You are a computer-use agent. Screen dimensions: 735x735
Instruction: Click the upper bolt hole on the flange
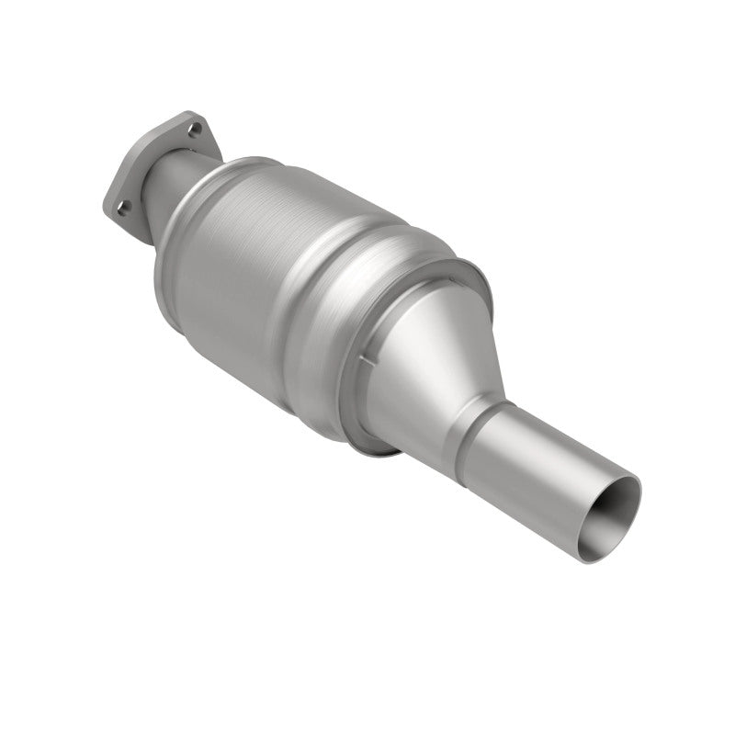[x=194, y=130]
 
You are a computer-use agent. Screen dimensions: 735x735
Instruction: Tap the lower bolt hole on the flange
[x=120, y=208]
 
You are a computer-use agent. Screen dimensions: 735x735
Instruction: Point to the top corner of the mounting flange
[x=189, y=115]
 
